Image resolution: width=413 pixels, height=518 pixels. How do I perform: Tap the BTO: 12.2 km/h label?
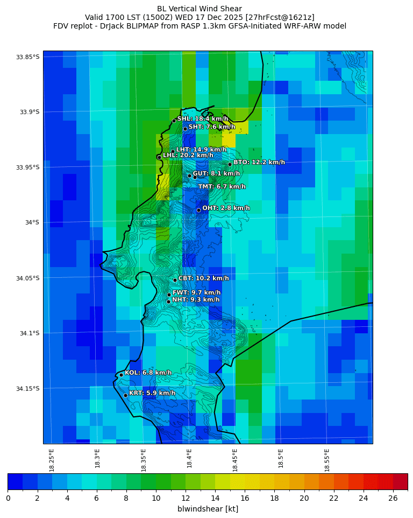(259, 162)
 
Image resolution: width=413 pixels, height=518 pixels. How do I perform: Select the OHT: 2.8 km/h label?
(226, 208)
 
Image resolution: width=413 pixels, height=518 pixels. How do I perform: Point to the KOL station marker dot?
(122, 375)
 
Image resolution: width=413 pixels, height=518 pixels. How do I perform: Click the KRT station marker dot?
(125, 395)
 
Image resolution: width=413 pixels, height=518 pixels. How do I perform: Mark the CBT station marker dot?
(175, 280)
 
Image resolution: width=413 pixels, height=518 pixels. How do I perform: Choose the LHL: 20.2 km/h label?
(188, 155)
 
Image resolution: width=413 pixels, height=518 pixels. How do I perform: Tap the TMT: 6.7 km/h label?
(222, 187)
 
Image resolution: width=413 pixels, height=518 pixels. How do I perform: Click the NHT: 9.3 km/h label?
(196, 299)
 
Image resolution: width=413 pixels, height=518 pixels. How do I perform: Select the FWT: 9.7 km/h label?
(196, 292)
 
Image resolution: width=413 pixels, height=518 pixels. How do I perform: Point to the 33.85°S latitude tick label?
(28, 57)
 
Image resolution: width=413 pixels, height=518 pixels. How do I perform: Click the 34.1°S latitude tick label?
(30, 333)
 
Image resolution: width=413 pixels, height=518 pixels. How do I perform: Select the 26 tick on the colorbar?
(393, 498)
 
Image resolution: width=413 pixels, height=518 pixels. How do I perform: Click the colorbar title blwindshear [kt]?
(208, 509)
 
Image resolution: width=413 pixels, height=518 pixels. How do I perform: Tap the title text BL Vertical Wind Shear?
(200, 9)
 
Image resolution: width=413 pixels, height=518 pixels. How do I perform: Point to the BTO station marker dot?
(230, 164)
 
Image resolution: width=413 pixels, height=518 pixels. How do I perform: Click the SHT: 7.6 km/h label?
(212, 127)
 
